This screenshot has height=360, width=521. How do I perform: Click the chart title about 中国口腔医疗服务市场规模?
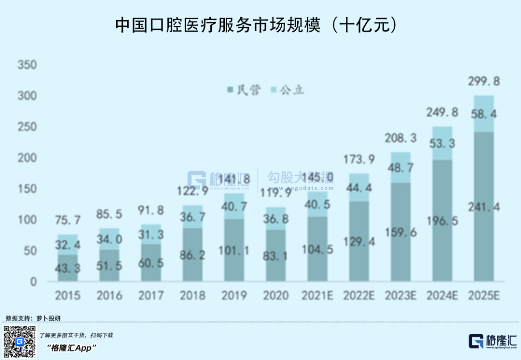pyautogui.click(x=256, y=26)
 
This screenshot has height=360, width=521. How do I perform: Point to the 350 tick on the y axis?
pyautogui.click(x=27, y=65)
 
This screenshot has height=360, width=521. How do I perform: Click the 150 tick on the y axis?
pyautogui.click(x=27, y=189)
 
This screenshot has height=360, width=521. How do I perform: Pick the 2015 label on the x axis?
pyautogui.click(x=68, y=295)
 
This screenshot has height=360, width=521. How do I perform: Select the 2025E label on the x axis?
pyautogui.click(x=484, y=295)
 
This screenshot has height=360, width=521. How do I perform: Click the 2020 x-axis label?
pyautogui.click(x=275, y=295)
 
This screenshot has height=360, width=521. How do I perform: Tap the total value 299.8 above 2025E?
pyautogui.click(x=484, y=81)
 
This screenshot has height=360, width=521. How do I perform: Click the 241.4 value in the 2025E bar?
pyautogui.click(x=484, y=208)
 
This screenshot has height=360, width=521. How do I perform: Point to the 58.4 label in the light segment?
pyautogui.click(x=484, y=114)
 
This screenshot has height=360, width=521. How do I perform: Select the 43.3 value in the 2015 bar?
pyautogui.click(x=68, y=265)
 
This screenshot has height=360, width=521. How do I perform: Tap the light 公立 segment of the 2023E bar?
pyautogui.click(x=401, y=166)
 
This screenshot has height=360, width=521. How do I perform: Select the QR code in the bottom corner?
pyautogui.click(x=20, y=342)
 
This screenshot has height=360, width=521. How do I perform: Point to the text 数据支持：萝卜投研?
pyautogui.click(x=33, y=318)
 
